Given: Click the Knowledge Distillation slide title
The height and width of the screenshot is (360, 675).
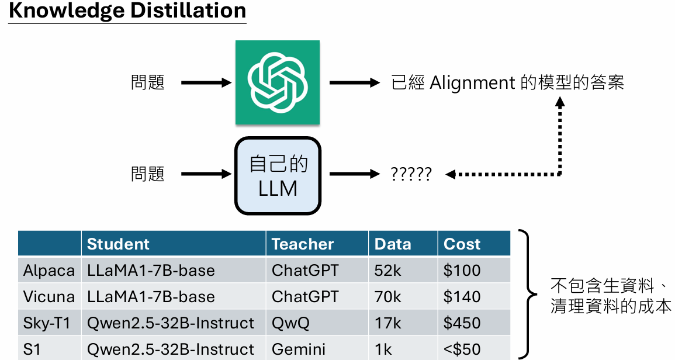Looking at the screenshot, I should (127, 11).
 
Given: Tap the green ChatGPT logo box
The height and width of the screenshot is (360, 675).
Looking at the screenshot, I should (278, 82).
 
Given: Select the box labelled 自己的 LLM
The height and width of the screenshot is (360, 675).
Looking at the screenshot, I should (278, 175).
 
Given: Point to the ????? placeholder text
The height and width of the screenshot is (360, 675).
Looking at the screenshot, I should (411, 174).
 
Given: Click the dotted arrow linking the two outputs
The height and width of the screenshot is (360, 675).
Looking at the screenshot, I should (560, 140).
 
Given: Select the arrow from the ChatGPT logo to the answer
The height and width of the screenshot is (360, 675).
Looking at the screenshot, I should (355, 83).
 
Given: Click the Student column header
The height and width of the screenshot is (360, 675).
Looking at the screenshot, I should (118, 244).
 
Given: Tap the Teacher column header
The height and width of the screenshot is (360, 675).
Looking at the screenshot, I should (303, 244).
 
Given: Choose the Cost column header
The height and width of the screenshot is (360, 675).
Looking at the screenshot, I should (462, 244).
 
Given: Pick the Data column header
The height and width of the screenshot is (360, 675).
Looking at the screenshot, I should (393, 244).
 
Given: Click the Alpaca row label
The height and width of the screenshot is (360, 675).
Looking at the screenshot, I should (49, 271).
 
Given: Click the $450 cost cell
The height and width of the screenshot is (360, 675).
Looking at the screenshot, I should (462, 323).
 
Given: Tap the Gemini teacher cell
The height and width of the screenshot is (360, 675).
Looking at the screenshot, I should (299, 349).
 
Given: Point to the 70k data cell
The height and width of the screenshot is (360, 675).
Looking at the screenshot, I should (388, 297).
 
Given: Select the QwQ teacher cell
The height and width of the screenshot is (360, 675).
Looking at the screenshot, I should (291, 323).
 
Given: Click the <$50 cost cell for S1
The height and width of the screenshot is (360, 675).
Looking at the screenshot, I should (462, 349).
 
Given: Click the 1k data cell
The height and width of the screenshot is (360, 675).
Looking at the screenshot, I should (383, 349).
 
